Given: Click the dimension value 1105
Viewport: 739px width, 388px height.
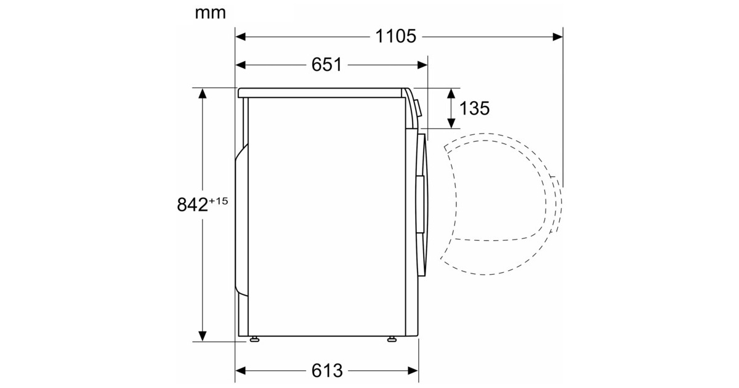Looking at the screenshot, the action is tap(395, 36).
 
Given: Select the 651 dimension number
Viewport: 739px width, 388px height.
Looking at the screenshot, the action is tap(326, 65).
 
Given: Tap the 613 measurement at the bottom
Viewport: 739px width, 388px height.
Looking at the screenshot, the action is tap(327, 371).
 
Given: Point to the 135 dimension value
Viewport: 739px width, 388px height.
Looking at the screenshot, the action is tap(474, 108).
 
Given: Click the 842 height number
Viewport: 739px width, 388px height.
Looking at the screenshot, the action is tap(192, 204).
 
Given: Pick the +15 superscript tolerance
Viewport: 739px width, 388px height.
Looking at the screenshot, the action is tap(219, 201).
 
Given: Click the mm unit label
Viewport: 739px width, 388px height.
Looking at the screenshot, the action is tap(211, 13).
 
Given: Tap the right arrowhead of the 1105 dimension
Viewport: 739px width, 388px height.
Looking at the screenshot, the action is tap(558, 36).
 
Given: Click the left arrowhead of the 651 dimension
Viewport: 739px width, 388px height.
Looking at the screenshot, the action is tap(241, 65).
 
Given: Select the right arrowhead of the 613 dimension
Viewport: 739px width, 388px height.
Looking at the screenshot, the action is tap(413, 371).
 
